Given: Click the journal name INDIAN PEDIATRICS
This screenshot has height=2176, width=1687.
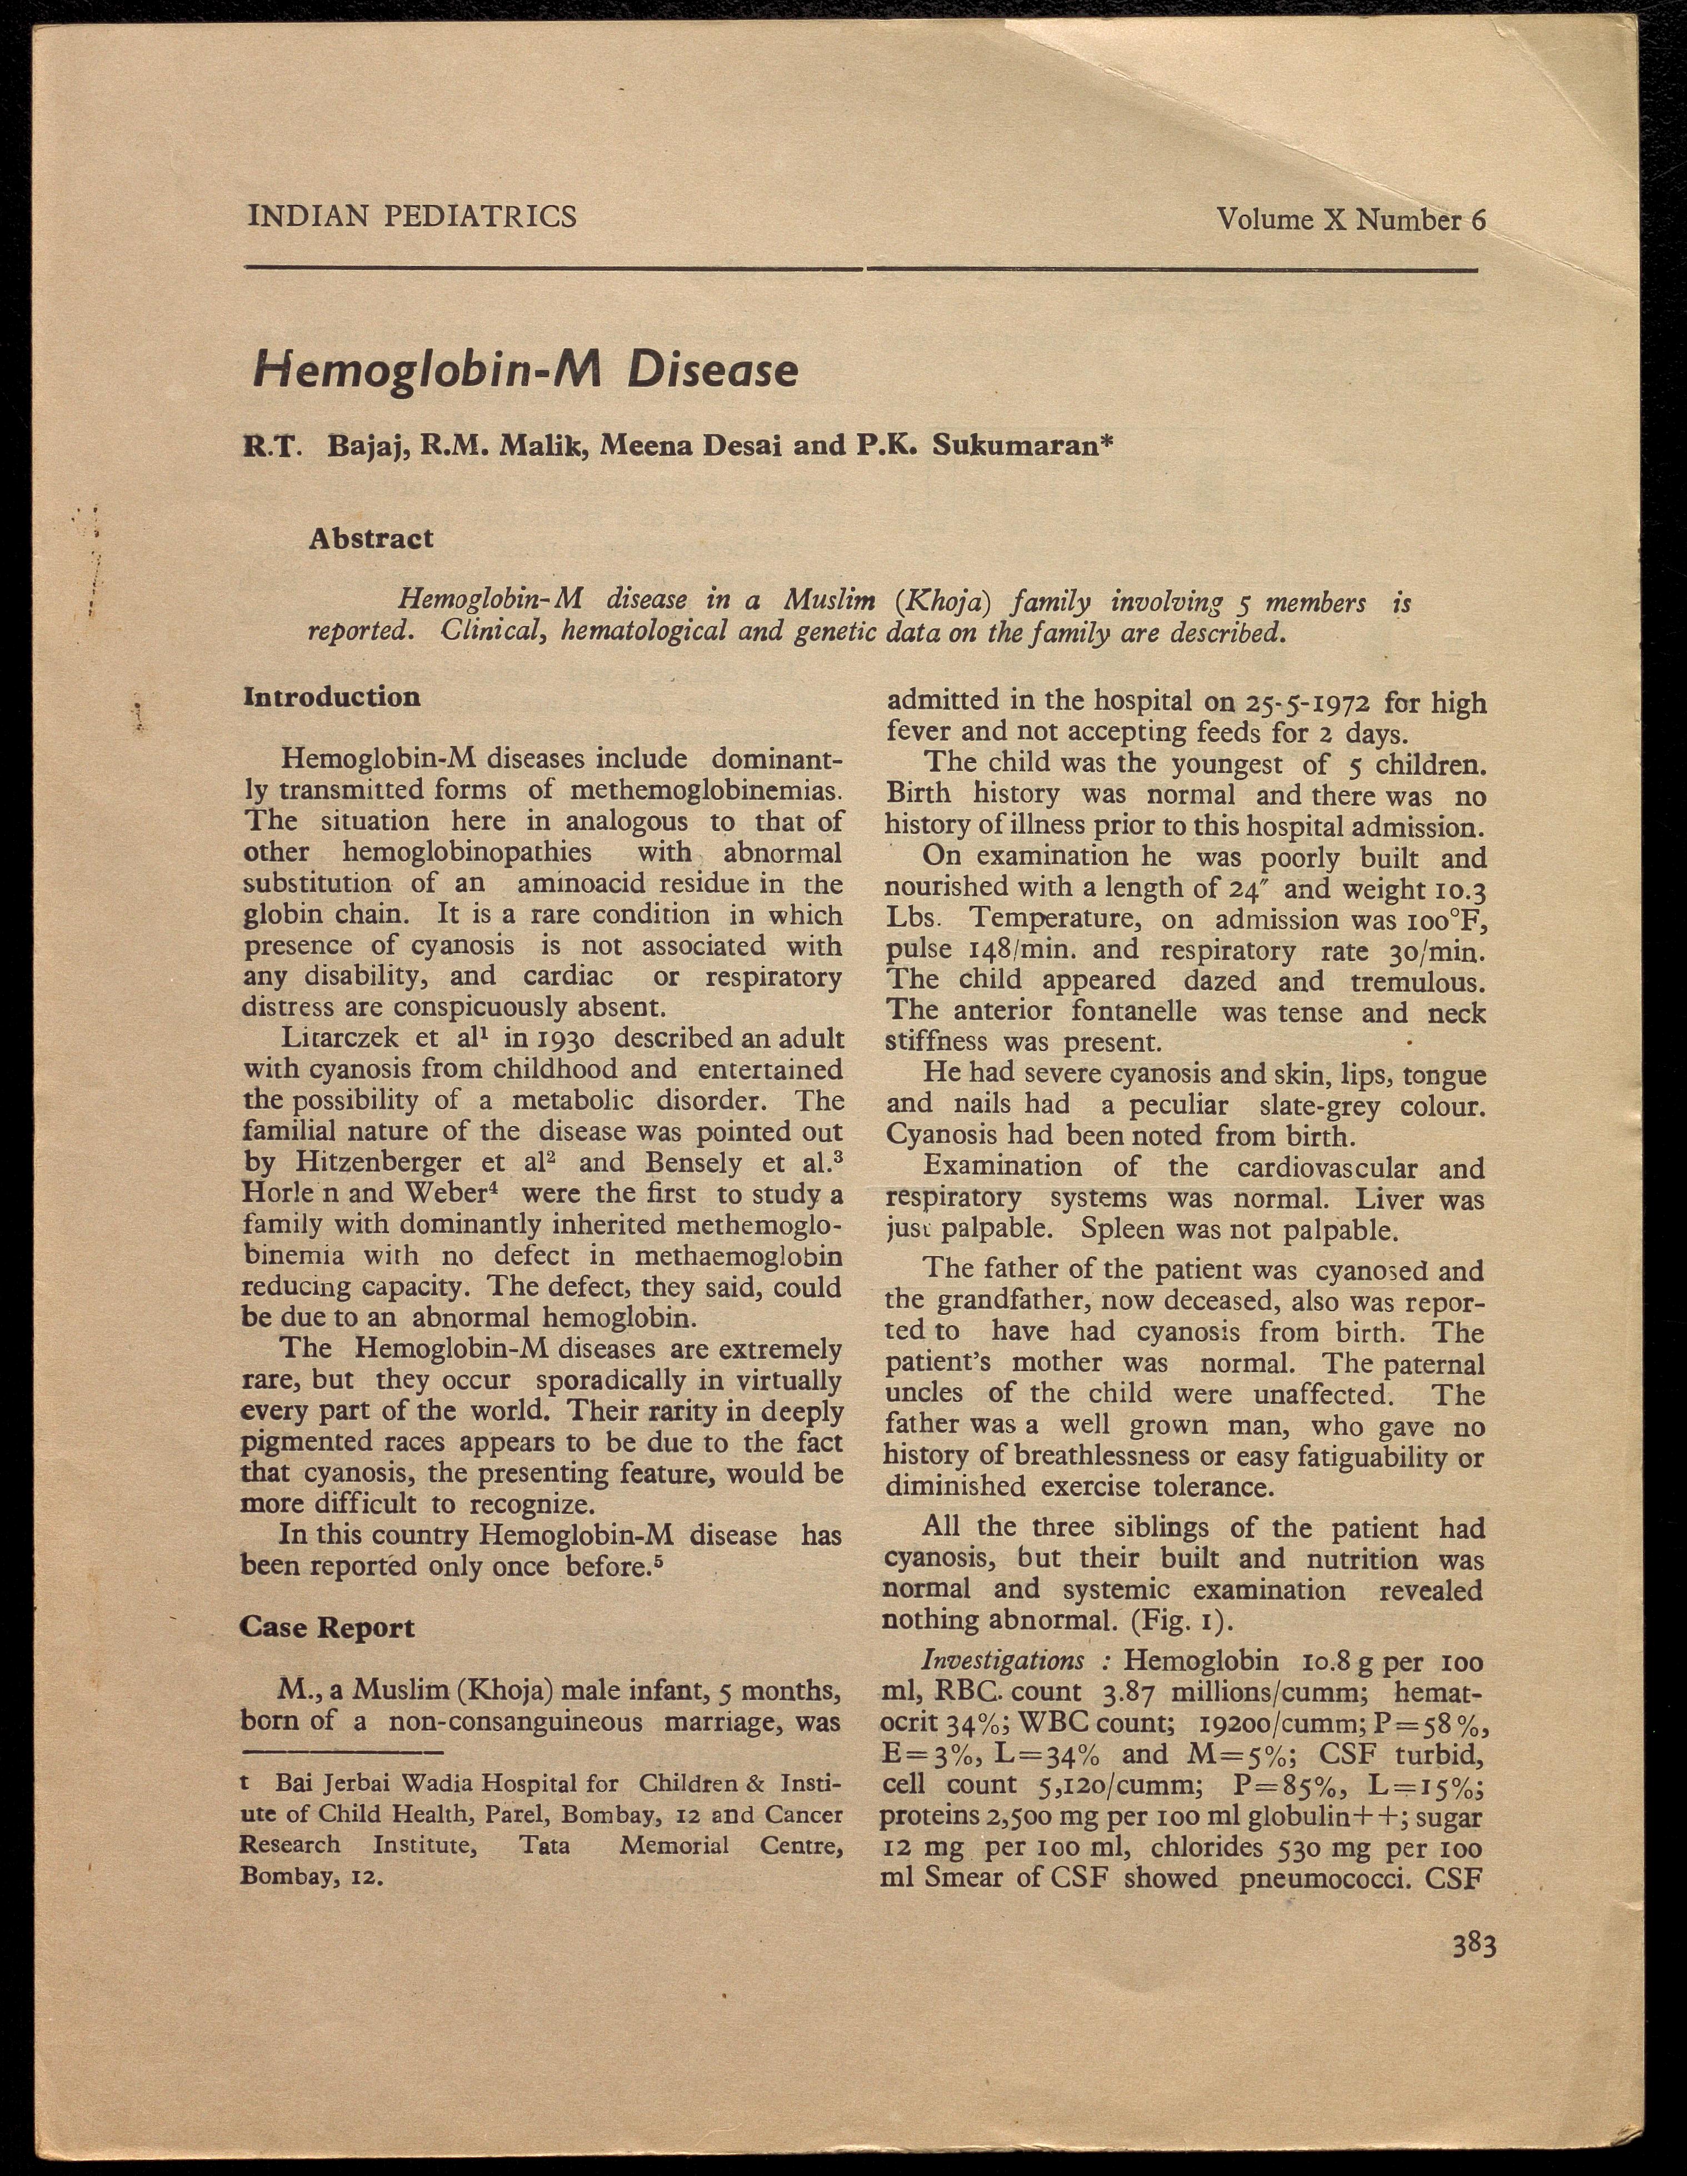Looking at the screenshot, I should (x=412, y=216).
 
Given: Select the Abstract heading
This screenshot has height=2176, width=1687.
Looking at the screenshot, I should (x=371, y=539).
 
